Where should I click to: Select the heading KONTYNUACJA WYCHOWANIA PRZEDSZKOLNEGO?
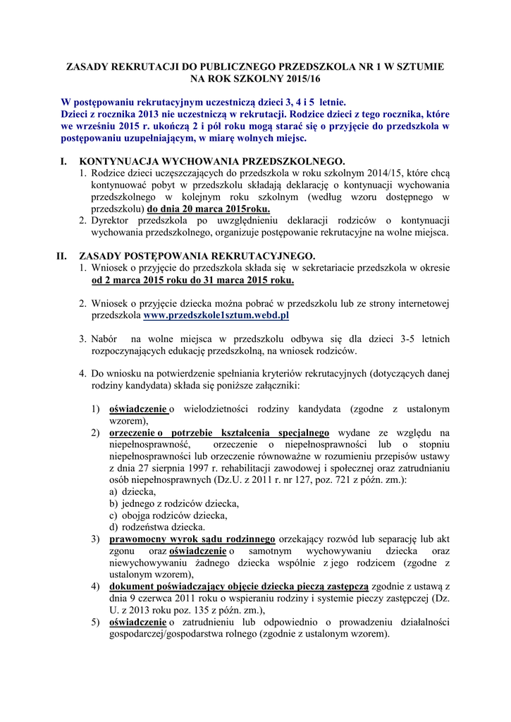211,161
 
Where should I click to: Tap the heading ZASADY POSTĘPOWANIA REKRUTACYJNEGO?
198,255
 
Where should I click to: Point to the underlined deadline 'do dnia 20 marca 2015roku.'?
208,209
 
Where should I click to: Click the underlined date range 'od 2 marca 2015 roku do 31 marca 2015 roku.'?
193,280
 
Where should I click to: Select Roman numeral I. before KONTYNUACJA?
66,161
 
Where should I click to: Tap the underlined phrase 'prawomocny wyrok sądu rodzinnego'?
192,539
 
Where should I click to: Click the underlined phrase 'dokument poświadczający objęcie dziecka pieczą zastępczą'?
239,586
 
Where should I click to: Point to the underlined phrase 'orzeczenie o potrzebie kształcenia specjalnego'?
219,432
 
